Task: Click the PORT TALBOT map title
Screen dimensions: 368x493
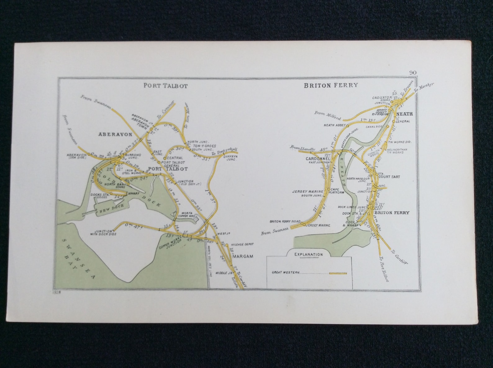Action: [165, 86]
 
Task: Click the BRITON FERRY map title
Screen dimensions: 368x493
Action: [331, 85]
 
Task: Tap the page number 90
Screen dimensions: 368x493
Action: [413, 73]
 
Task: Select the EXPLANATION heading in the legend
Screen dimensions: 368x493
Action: [309, 254]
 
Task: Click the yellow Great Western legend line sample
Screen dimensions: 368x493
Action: [338, 273]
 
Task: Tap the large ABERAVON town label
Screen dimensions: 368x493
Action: [115, 134]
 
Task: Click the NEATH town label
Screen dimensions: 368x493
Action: [405, 114]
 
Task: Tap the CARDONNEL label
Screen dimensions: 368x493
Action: [315, 158]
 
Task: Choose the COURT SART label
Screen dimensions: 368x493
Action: [389, 177]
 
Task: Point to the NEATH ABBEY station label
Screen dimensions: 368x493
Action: [334, 125]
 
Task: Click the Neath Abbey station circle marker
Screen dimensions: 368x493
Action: [347, 126]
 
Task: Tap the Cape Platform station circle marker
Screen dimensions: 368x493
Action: [329, 189]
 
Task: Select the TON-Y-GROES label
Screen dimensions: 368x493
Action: [204, 146]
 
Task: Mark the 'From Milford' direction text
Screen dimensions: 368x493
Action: [328, 115]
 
